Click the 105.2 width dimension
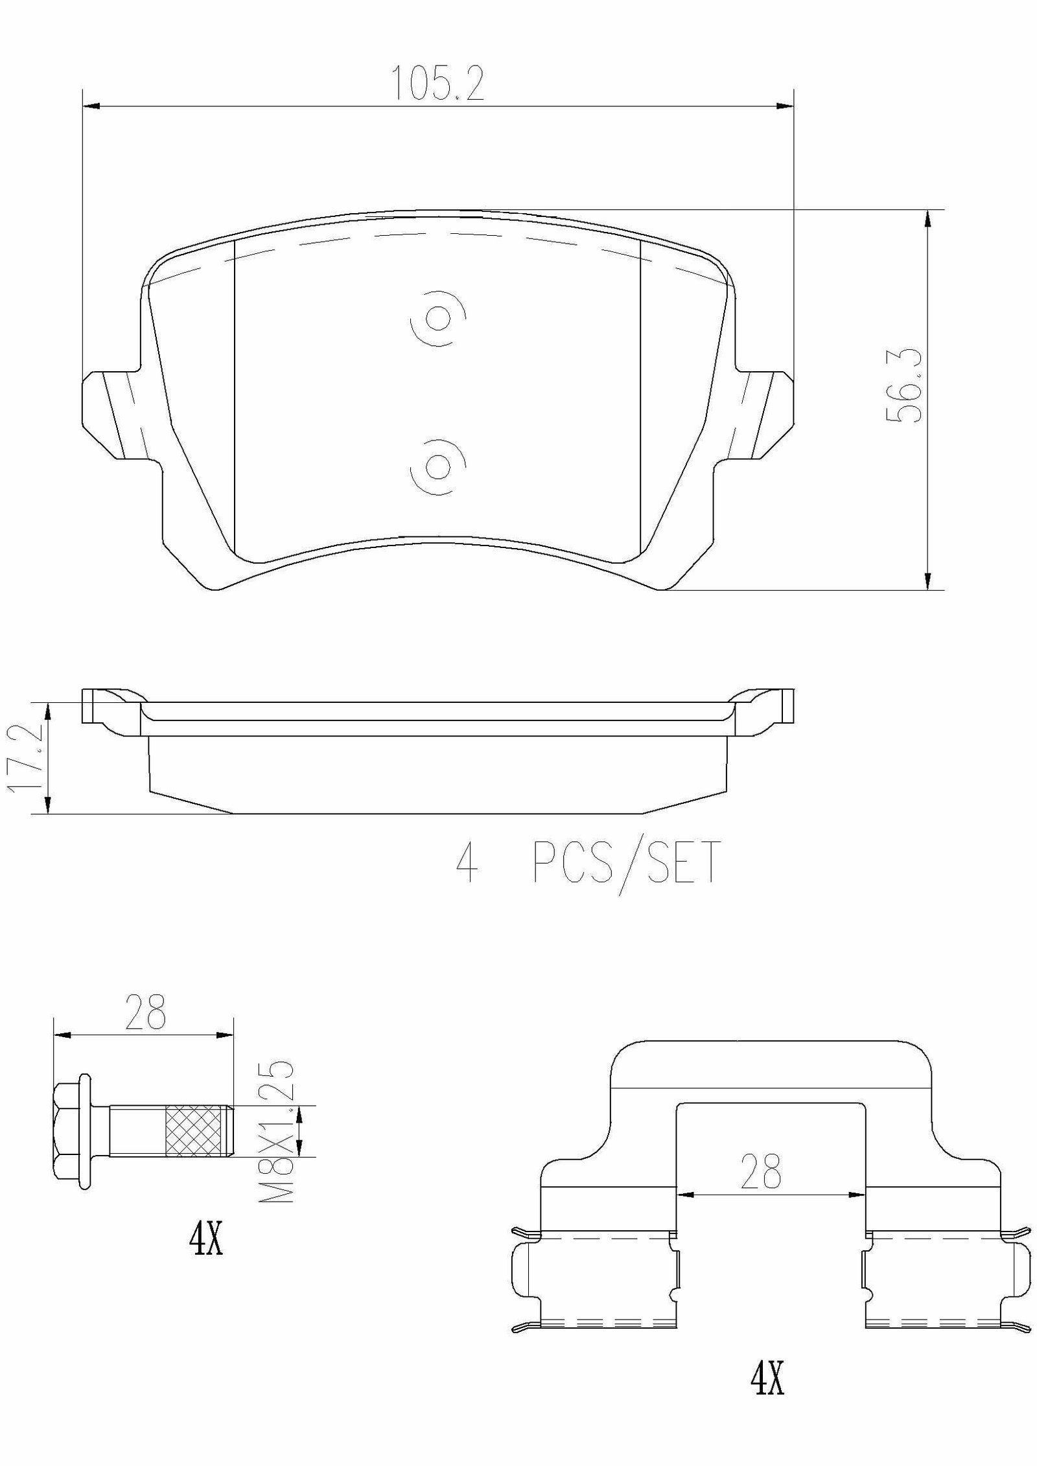pos(439,83)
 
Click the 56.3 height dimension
pos(903,386)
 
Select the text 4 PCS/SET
pos(588,863)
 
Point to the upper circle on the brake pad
pos(439,317)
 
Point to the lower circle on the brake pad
pos(439,466)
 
